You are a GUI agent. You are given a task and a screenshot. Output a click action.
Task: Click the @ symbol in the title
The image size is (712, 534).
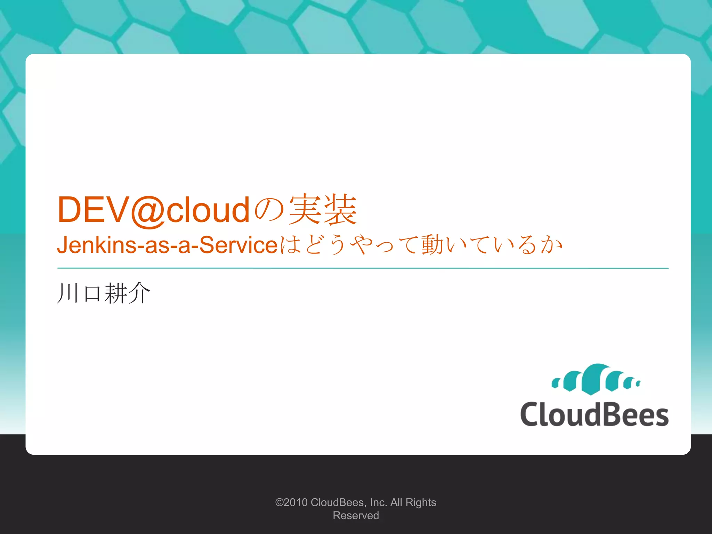[x=147, y=211]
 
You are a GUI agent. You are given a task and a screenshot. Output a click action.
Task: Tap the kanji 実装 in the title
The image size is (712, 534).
[x=323, y=210]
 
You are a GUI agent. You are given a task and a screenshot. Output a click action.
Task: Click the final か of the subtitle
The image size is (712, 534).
[x=551, y=245]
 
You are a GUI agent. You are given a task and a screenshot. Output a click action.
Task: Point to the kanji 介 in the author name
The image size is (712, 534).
[x=139, y=293]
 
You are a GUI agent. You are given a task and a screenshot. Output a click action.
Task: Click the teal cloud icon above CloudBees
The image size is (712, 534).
[x=596, y=380]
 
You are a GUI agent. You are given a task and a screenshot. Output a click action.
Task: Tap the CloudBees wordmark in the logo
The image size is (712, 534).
[x=594, y=414]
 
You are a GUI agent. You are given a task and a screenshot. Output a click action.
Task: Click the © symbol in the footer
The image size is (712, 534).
[x=279, y=502]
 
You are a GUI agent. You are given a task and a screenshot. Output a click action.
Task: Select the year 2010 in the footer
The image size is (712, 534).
[x=296, y=502]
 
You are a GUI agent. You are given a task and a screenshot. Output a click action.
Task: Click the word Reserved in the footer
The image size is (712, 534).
[x=356, y=516]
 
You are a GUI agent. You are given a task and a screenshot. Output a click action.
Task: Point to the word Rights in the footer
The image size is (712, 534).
[x=421, y=503]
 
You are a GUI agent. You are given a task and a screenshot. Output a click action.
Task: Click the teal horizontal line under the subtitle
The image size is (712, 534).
[x=363, y=268]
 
